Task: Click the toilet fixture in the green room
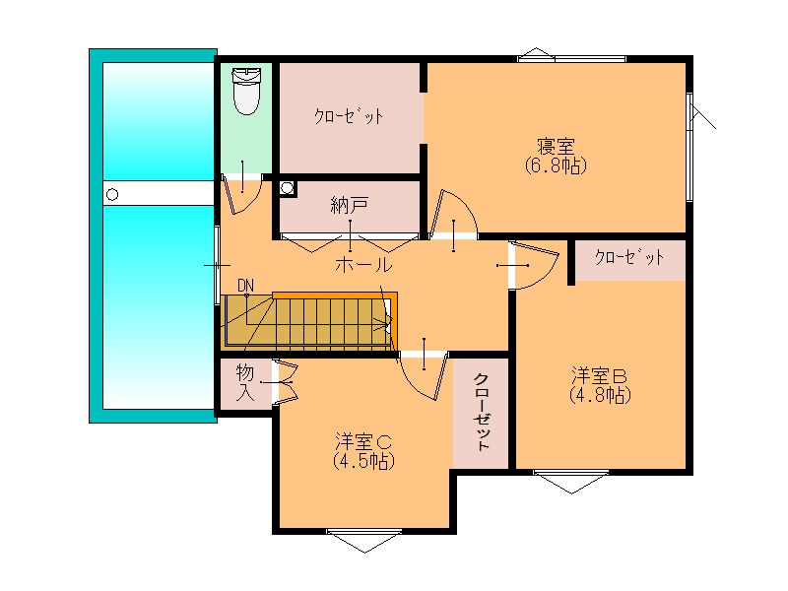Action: tap(247, 91)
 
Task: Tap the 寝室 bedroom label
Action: tap(556, 147)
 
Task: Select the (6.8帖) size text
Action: tap(556, 165)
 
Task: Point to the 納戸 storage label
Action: tap(350, 205)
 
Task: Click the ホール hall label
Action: tap(363, 264)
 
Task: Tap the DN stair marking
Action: tap(245, 286)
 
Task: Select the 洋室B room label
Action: tap(599, 376)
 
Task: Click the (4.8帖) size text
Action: tap(600, 395)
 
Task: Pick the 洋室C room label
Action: tap(363, 441)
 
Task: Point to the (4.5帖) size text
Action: tap(363, 461)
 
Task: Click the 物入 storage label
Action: tap(245, 383)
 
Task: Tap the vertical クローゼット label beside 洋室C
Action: tap(482, 412)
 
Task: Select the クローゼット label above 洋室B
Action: tap(629, 257)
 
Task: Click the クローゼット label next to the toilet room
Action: tap(350, 116)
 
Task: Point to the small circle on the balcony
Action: tap(112, 194)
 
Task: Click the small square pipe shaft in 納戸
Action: tap(287, 188)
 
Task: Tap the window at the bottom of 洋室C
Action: tap(364, 540)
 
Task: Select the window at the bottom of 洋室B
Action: tap(571, 481)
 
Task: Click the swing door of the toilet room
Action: tap(242, 193)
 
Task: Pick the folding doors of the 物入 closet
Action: tap(285, 383)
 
